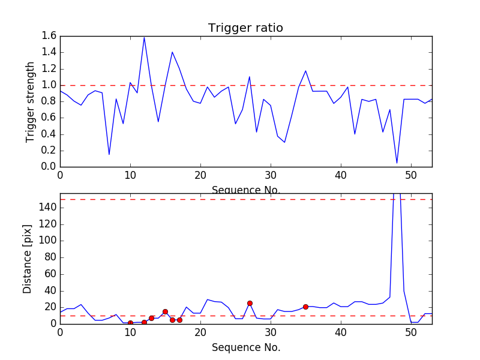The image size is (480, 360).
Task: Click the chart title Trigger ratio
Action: pos(245,28)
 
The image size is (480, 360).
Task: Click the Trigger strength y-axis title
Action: pos(31,101)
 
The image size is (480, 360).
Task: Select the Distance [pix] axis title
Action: pos(28,259)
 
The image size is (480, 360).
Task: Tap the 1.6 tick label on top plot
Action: pos(49,36)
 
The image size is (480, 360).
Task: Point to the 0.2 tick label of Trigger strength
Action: pos(49,151)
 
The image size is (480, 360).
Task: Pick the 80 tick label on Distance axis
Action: pos(49,257)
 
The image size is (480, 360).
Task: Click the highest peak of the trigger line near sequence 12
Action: pos(144,37)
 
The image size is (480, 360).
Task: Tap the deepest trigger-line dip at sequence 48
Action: pos(397,163)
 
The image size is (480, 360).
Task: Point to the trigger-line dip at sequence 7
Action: pos(109,154)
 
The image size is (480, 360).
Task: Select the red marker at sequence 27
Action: pos(250,303)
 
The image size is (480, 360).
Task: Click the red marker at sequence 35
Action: pos(305,307)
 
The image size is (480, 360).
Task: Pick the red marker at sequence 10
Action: pos(130,323)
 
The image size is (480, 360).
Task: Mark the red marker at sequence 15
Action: pos(165,311)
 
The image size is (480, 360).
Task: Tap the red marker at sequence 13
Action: pos(151,318)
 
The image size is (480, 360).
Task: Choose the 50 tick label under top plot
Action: pos(411,176)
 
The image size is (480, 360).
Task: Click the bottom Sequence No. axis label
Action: pos(245,347)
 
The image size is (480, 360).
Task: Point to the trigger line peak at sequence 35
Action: pos(305,71)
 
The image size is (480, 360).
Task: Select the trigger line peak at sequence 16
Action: pos(172,52)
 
